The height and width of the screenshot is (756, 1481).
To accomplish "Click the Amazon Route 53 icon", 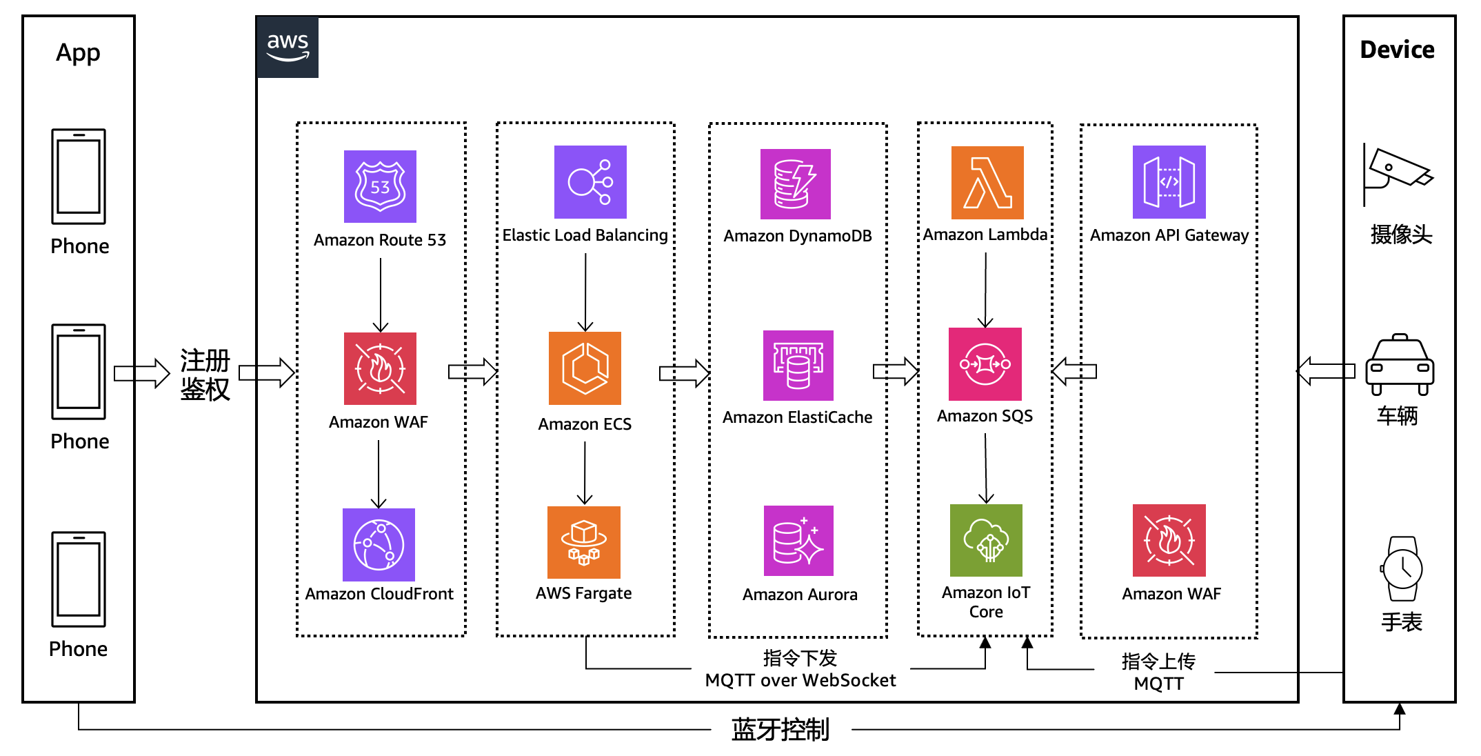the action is point(380,186).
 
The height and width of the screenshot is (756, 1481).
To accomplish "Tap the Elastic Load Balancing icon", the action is point(590,182).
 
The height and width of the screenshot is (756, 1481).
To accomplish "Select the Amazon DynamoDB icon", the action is point(796,184).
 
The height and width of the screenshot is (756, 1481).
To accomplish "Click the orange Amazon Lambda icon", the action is point(987,183).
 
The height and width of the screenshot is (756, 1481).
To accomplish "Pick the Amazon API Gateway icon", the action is point(1169,182).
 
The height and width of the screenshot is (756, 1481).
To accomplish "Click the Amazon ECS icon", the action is point(585,368).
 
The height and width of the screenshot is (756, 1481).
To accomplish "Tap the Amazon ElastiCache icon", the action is point(798,366).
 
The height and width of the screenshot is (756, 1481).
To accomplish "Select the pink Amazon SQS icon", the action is point(985,364).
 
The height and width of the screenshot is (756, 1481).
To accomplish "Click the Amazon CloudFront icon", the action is point(379,545).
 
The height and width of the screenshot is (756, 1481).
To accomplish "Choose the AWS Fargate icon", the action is point(584,542).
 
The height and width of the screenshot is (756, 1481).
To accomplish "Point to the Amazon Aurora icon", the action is point(798,541).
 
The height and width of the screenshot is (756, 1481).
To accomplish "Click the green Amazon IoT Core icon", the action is point(986,540).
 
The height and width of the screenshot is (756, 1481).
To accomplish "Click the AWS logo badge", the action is point(288,47).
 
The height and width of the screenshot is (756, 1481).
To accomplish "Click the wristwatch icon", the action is point(1402,569).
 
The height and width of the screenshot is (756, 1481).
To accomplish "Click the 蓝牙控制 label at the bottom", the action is point(780,729).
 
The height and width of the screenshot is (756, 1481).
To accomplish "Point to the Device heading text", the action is point(1397,50).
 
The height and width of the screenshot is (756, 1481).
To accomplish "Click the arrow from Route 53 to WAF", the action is point(381,295).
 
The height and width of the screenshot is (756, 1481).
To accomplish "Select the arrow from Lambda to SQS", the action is point(985,290).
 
